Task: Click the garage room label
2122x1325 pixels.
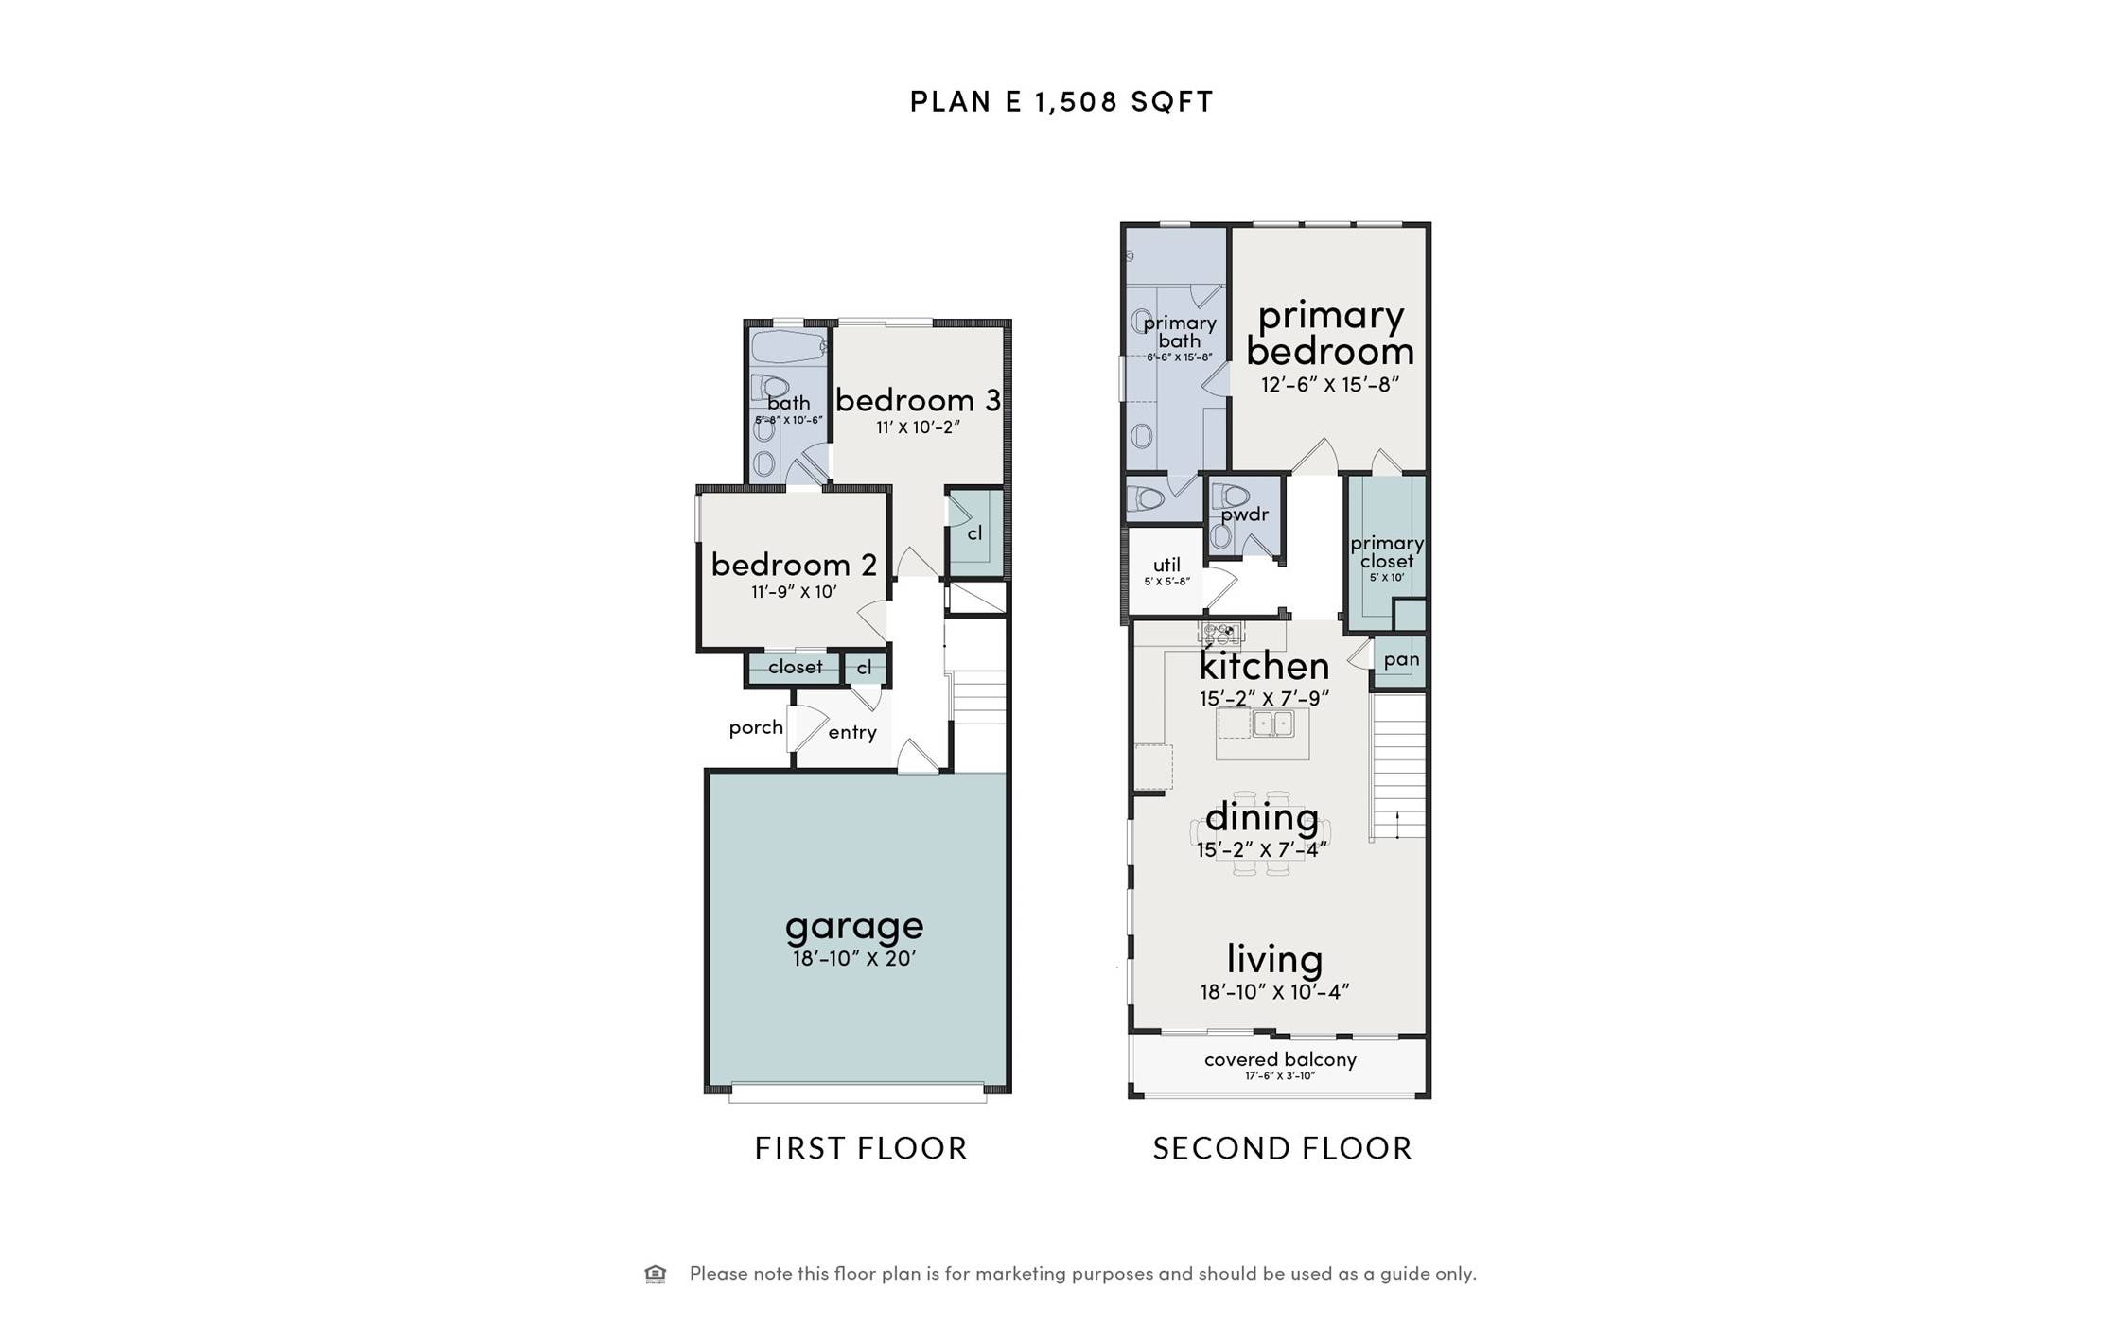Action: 853,925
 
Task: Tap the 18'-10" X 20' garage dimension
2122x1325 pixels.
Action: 853,958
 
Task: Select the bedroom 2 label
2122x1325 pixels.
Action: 793,565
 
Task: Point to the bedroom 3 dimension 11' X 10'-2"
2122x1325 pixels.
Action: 917,427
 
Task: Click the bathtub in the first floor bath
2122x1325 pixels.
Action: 788,346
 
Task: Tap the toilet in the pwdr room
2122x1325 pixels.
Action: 1231,496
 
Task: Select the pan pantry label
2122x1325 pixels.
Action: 1400,659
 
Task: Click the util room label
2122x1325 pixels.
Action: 1166,565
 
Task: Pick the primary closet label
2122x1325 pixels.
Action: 1386,551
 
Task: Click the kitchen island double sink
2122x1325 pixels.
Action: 1272,724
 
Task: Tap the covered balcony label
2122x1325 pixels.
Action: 1279,1059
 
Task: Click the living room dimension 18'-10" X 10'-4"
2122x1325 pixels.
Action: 1273,992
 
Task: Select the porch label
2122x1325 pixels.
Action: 755,727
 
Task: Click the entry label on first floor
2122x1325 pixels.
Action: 851,732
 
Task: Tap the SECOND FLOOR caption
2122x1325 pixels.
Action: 1282,1148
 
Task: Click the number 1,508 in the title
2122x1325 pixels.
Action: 1077,101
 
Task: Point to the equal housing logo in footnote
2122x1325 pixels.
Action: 655,1274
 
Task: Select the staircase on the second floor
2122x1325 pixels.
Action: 1398,766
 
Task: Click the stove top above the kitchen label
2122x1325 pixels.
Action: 1220,631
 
